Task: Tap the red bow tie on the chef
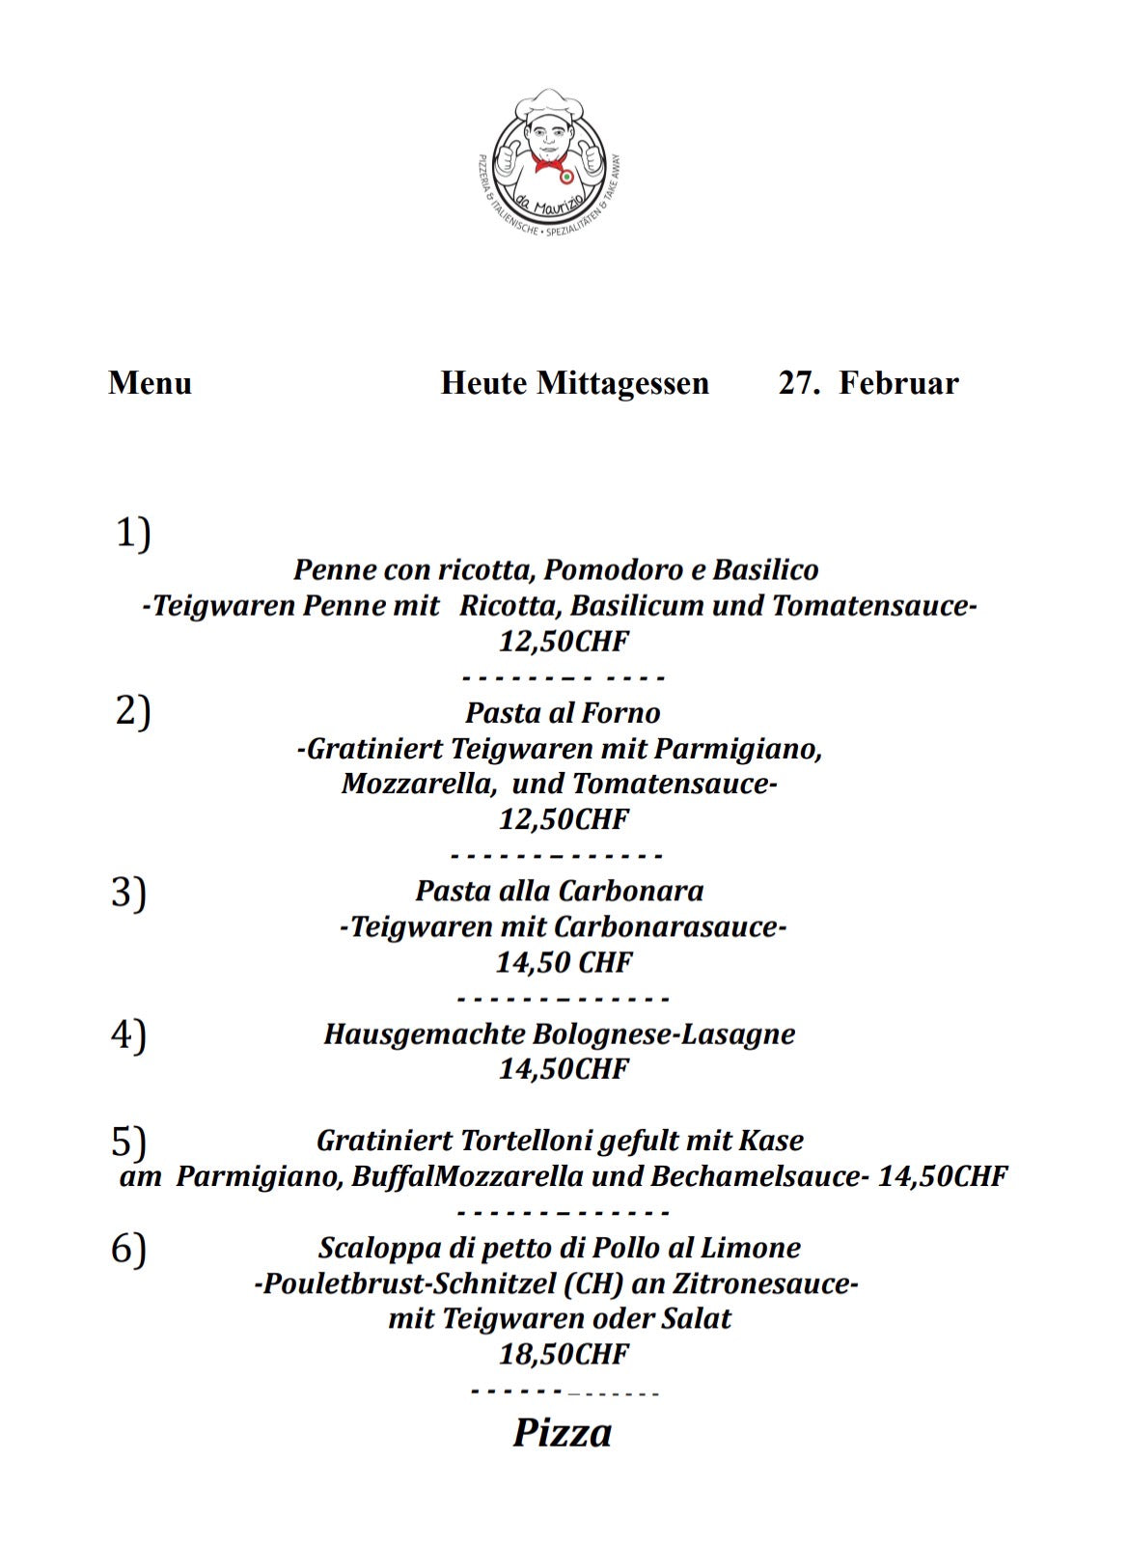[x=547, y=163]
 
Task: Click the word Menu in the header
[x=150, y=383]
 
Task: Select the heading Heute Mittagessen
[x=574, y=383]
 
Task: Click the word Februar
[x=898, y=383]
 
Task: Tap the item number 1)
[x=133, y=533]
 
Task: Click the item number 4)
[x=128, y=1033]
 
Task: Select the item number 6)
[x=128, y=1249]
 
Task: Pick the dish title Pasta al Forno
[x=563, y=713]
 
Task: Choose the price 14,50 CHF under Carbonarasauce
[x=564, y=962]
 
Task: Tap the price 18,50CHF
[x=564, y=1354]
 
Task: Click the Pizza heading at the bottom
[x=562, y=1433]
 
